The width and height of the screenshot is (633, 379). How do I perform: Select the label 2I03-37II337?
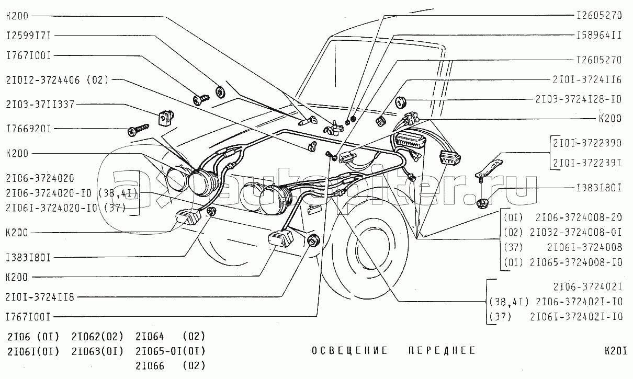click(x=40, y=105)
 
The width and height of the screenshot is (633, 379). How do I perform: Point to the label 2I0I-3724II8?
click(x=40, y=297)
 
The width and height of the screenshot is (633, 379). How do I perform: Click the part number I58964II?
click(x=598, y=36)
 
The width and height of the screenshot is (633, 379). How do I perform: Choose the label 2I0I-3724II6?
click(x=587, y=79)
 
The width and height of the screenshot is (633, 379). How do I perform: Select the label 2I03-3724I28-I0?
click(x=578, y=98)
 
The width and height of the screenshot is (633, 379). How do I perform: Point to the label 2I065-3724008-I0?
click(x=575, y=262)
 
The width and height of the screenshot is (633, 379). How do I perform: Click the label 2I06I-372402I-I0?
click(x=576, y=317)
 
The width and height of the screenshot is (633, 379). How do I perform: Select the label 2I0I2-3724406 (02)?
click(x=57, y=80)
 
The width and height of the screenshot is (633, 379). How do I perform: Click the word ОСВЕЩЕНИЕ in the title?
click(x=350, y=350)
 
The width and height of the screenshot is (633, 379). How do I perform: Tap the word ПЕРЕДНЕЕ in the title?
click(x=442, y=350)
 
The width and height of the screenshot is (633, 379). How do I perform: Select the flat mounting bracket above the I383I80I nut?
click(x=489, y=167)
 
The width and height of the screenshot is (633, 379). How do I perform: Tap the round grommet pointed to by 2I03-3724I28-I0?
click(x=402, y=101)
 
